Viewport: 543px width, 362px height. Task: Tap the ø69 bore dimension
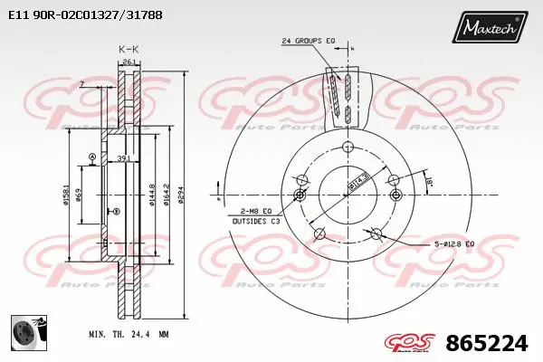(81, 199)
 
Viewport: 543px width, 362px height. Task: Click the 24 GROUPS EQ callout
(309, 41)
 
